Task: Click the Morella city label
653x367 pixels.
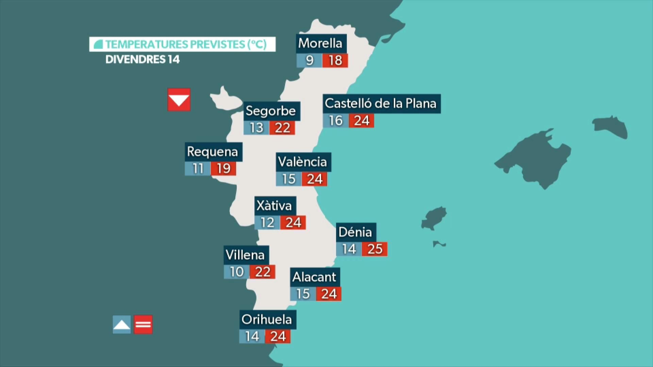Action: pyautogui.click(x=321, y=43)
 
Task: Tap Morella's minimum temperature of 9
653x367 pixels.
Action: pyautogui.click(x=309, y=60)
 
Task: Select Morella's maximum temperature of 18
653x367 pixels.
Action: pyautogui.click(x=335, y=60)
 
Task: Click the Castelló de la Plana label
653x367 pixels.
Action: pyautogui.click(x=381, y=104)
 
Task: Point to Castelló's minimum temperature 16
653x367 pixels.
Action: pyautogui.click(x=335, y=121)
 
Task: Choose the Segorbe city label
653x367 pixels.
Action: pyautogui.click(x=271, y=111)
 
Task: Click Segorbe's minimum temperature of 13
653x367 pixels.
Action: pyautogui.click(x=256, y=128)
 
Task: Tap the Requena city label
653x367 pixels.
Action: pyautogui.click(x=213, y=152)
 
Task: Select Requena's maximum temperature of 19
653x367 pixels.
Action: pyautogui.click(x=223, y=168)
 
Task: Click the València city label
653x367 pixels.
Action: pyautogui.click(x=303, y=162)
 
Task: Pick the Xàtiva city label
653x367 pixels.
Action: pyautogui.click(x=275, y=206)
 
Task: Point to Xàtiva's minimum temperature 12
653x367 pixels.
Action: pyautogui.click(x=267, y=223)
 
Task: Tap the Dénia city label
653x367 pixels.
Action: pyautogui.click(x=355, y=232)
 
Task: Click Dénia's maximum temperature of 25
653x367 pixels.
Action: pyautogui.click(x=375, y=249)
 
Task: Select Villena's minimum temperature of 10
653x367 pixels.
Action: pyautogui.click(x=237, y=272)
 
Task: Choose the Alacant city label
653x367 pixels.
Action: pyautogui.click(x=315, y=277)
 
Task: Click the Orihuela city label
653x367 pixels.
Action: pyautogui.click(x=267, y=319)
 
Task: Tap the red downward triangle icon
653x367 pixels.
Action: pyautogui.click(x=179, y=99)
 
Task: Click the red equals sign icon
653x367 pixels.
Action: pyautogui.click(x=143, y=325)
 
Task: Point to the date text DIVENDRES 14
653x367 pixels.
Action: pyautogui.click(x=142, y=60)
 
